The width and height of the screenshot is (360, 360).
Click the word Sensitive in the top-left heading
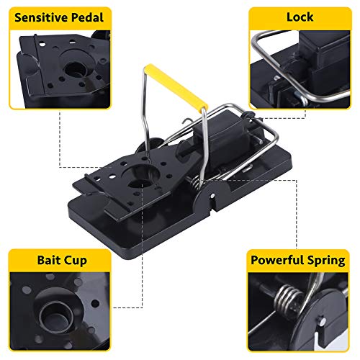(41, 17)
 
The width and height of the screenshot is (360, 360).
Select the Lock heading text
(300, 17)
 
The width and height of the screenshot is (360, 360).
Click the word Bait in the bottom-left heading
(49, 260)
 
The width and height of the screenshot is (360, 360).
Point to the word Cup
(76, 261)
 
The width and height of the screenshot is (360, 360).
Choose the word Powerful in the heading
(277, 260)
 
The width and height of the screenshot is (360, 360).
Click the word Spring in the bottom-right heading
(326, 261)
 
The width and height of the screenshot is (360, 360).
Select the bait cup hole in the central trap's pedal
(139, 184)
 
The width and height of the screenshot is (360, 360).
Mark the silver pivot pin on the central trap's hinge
(212, 196)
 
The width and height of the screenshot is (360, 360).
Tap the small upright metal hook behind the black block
(186, 123)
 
